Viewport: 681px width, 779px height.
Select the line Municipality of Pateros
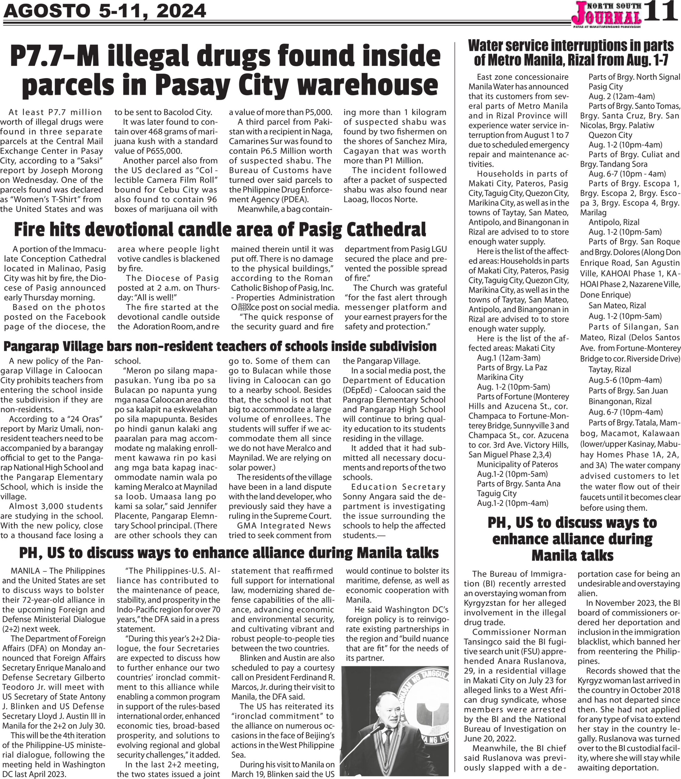(517, 464)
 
